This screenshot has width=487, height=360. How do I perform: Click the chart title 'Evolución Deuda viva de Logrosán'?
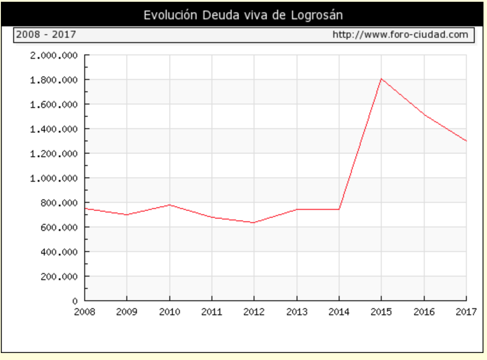coord(243,15)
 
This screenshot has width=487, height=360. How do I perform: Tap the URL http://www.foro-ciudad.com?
coord(400,34)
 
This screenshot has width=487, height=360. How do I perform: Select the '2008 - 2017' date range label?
coord(46,34)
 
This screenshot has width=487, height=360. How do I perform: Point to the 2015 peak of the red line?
coord(381,79)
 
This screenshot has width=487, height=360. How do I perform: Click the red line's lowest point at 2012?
coord(254,223)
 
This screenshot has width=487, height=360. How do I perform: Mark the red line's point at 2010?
coord(169,205)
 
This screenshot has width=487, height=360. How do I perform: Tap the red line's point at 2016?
coord(424,115)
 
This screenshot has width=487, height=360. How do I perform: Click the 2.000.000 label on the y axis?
coord(54,55)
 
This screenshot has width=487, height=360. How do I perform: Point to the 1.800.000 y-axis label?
coord(54,80)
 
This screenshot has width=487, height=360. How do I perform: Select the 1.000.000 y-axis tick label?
coord(54,178)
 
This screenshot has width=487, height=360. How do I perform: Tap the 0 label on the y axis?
coord(75,302)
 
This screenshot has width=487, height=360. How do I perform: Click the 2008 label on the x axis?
coord(84,312)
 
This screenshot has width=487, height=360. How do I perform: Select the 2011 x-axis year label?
coord(211,312)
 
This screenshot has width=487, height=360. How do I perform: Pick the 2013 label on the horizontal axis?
coord(297,312)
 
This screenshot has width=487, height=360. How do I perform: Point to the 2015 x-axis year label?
coord(381,312)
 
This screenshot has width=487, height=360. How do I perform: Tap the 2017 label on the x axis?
coord(466,312)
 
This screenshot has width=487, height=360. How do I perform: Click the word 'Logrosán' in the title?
coord(316,15)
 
